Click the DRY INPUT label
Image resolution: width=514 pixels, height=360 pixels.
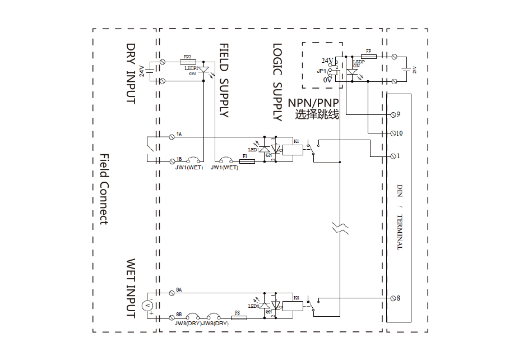(131, 73)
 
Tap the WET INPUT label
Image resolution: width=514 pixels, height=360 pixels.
(131, 288)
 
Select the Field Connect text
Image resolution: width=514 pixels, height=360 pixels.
(104, 189)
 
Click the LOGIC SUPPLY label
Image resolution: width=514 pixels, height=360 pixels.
(277, 82)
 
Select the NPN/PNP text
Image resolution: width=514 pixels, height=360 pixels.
(314, 103)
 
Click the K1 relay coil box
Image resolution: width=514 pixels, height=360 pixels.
(293, 150)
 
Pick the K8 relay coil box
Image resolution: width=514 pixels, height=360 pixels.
(293, 306)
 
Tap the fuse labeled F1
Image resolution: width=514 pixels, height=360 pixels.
(247, 161)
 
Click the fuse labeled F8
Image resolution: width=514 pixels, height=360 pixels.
(239, 318)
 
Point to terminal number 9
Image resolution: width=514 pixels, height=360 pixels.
(393, 114)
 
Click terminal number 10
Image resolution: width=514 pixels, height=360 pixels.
(393, 133)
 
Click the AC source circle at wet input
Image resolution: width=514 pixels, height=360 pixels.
(147, 306)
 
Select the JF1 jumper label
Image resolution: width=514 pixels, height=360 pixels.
(321, 71)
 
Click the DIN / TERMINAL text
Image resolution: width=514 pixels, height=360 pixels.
(400, 216)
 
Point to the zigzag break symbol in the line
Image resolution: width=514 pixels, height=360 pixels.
(340, 227)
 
